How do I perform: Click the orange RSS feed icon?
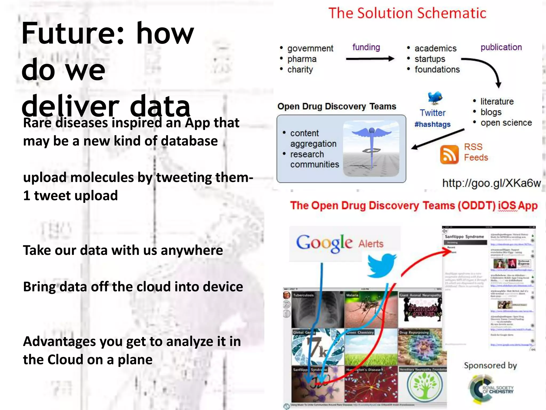click(449, 155)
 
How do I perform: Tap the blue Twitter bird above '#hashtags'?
click(435, 98)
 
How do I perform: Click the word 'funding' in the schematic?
click(366, 47)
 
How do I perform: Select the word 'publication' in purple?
click(501, 47)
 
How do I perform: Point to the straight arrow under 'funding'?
click(370, 59)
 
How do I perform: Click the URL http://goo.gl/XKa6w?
click(491, 183)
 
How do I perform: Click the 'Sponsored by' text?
click(490, 365)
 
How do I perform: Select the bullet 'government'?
click(310, 48)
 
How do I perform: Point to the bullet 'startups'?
click(430, 59)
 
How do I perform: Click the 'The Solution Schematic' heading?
click(407, 13)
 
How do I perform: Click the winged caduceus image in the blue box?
click(371, 148)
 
